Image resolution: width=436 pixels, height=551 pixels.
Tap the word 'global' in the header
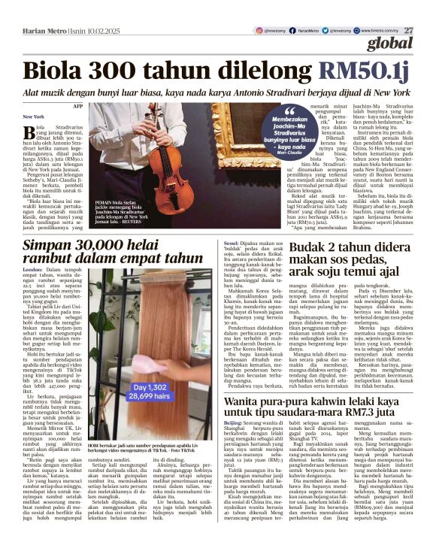tap(408, 43)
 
